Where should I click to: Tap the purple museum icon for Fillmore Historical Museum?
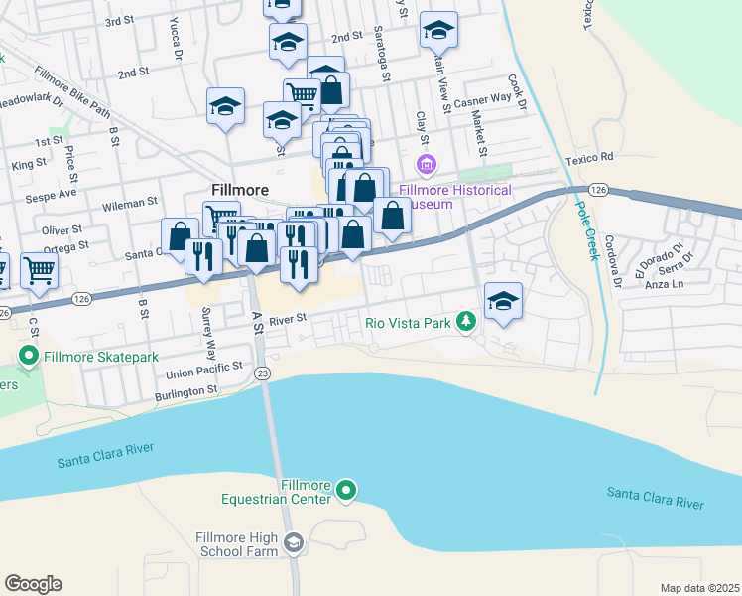pyautogui.click(x=427, y=163)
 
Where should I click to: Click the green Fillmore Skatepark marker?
pyautogui.click(x=29, y=355)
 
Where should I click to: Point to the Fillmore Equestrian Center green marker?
pyautogui.click(x=345, y=490)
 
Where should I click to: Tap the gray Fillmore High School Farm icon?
pyautogui.click(x=293, y=542)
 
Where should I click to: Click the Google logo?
pyautogui.click(x=33, y=584)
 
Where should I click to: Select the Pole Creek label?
pyautogui.click(x=586, y=231)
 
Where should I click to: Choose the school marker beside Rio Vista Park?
pyautogui.click(x=504, y=302)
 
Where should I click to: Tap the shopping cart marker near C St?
pyautogui.click(x=39, y=268)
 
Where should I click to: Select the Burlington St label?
pyautogui.click(x=185, y=391)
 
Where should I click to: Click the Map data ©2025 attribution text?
pyautogui.click(x=698, y=588)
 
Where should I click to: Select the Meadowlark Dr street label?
pyautogui.click(x=30, y=100)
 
